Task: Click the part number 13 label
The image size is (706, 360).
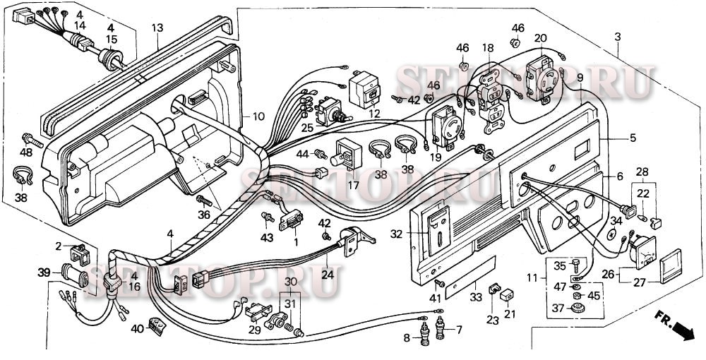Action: tap(157, 28)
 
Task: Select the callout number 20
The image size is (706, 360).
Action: tap(541, 38)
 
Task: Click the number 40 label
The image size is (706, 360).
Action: tap(136, 328)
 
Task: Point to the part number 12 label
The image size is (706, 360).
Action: tap(373, 114)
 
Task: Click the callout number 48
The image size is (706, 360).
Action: tap(26, 152)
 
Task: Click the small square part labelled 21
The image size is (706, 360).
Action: tap(506, 296)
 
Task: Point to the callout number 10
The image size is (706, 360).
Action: tap(258, 116)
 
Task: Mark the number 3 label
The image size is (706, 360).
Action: tap(618, 35)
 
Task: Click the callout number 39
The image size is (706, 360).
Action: tap(44, 272)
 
